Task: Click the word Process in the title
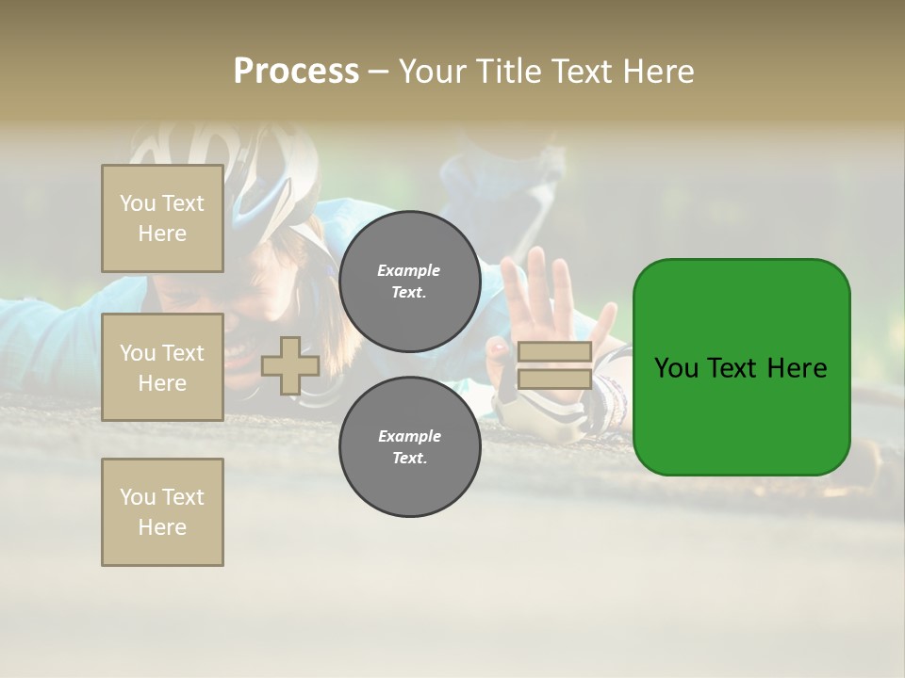point(296,72)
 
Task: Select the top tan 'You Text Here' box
point(162,218)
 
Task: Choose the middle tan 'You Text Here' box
point(162,367)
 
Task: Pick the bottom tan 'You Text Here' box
point(162,511)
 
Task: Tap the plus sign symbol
point(290,365)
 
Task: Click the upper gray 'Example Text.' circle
point(409,282)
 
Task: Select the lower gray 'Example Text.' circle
point(409,447)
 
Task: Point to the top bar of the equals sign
point(554,352)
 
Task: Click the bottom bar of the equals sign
point(554,379)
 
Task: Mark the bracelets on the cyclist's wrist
point(611,395)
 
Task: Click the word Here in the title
point(660,72)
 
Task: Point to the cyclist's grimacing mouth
point(247,353)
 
